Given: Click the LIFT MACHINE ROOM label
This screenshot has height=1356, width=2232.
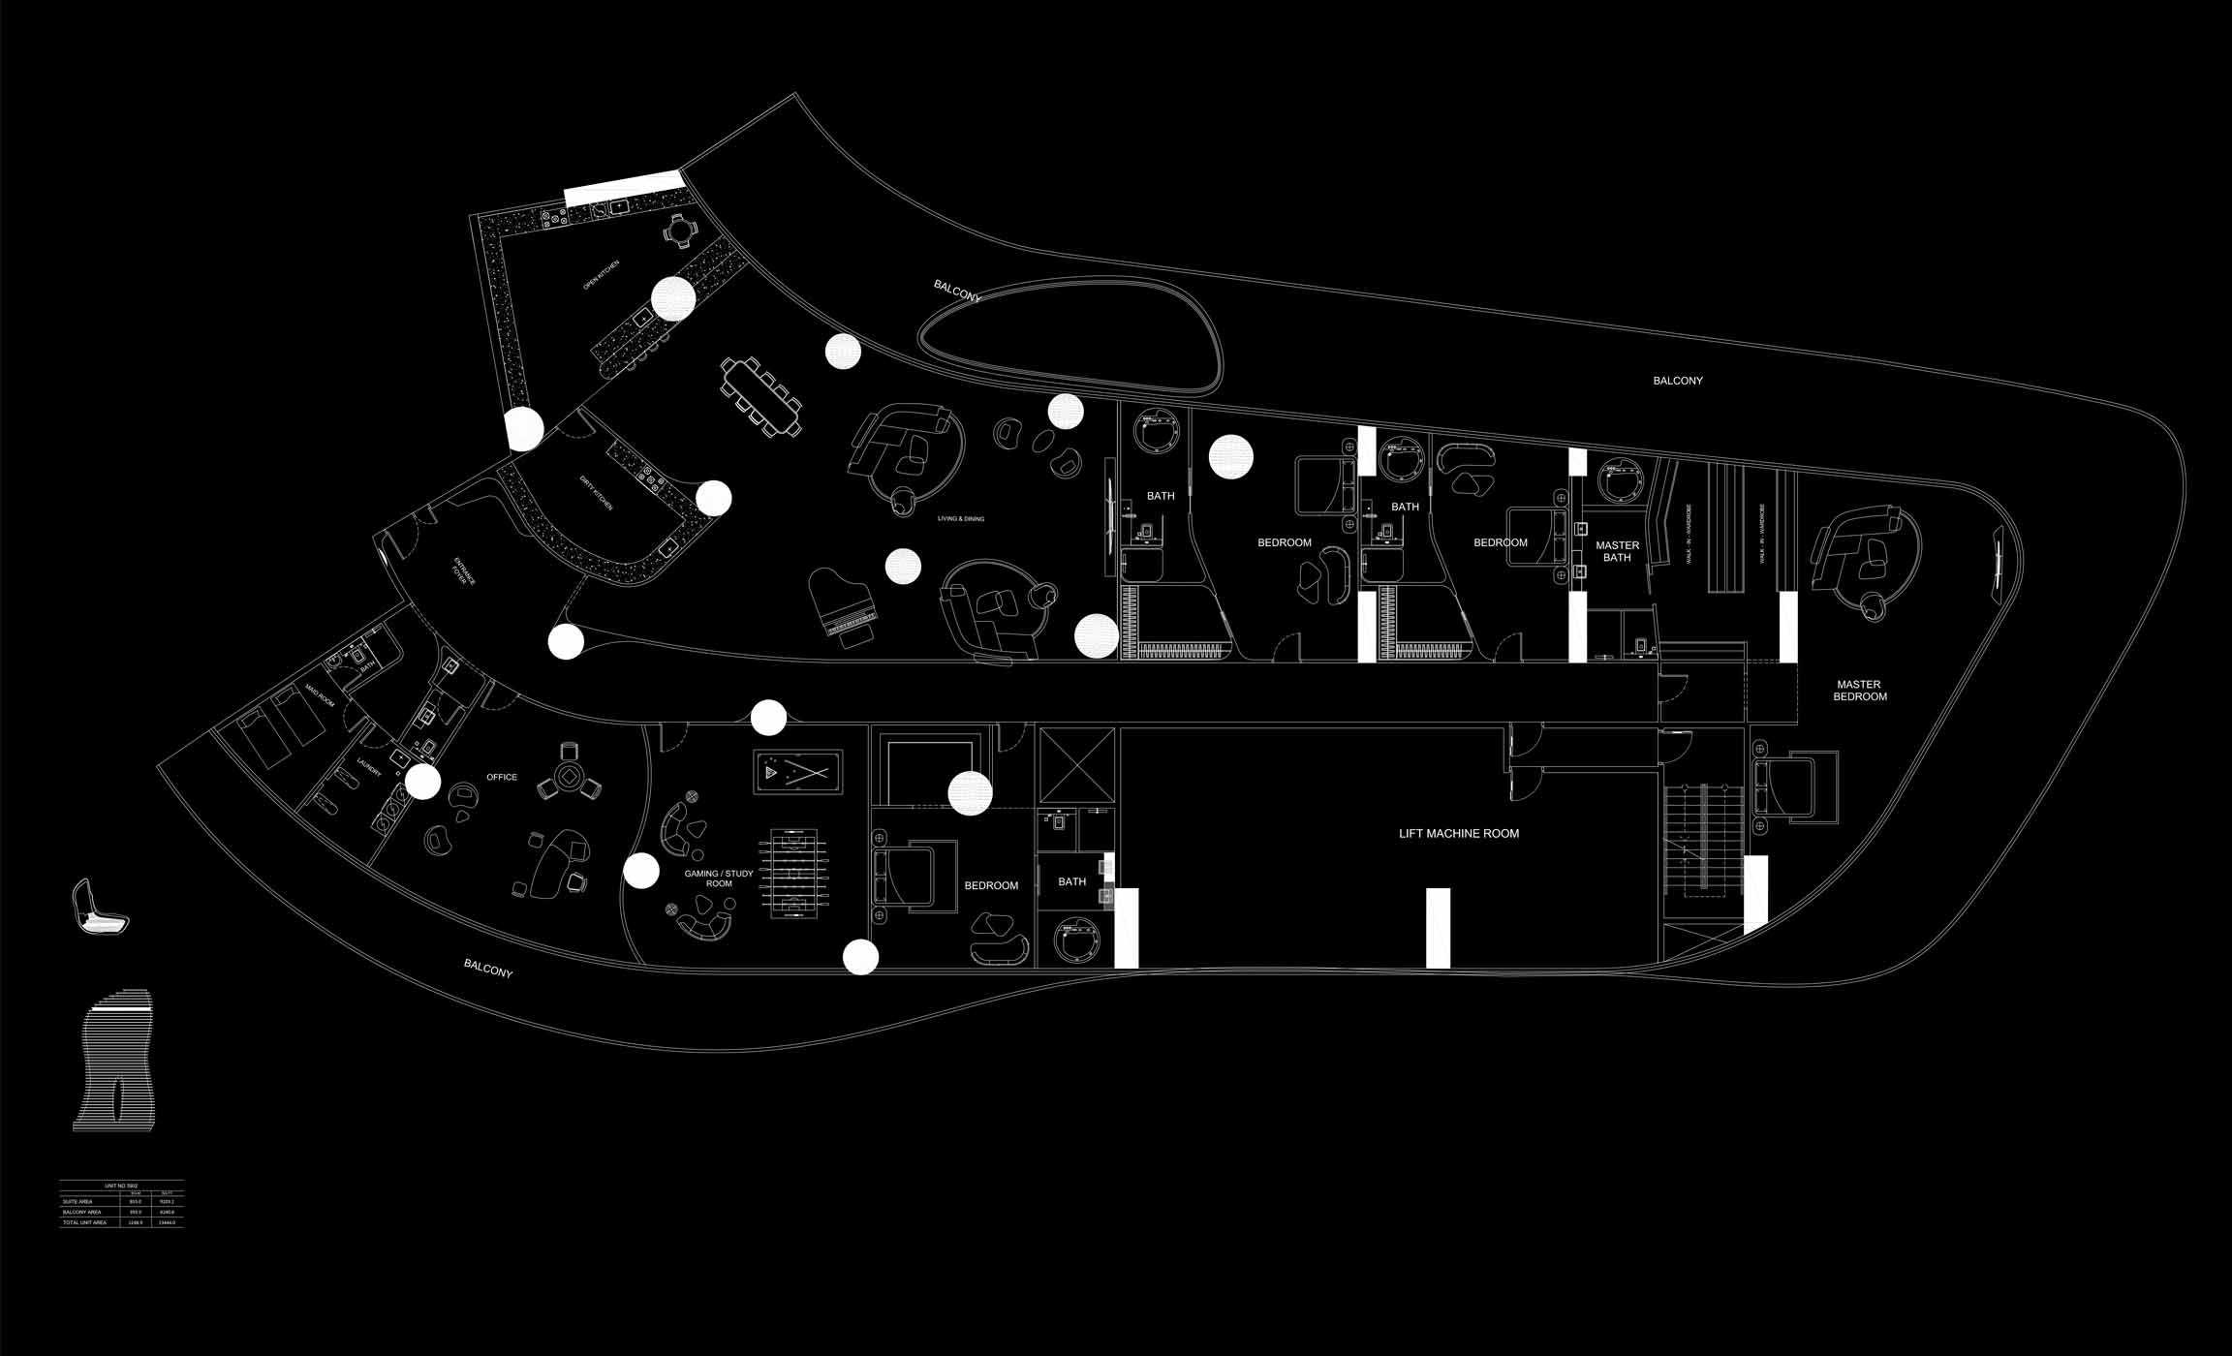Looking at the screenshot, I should (x=1458, y=833).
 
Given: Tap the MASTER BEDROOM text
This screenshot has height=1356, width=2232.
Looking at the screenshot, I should (x=1859, y=691).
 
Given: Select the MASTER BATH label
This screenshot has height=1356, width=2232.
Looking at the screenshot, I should (x=1617, y=551).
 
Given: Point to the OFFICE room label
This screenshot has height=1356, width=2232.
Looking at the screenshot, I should (x=502, y=777).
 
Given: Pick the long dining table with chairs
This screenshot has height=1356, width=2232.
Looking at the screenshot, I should (x=761, y=396).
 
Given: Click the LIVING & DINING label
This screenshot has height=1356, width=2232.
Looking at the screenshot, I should (x=960, y=519).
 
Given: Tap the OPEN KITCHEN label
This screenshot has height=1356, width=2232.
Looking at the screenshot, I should (x=601, y=276).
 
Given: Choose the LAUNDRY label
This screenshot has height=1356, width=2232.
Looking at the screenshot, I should (x=368, y=767).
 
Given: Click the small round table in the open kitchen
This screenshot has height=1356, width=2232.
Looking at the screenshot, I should (x=680, y=231).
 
